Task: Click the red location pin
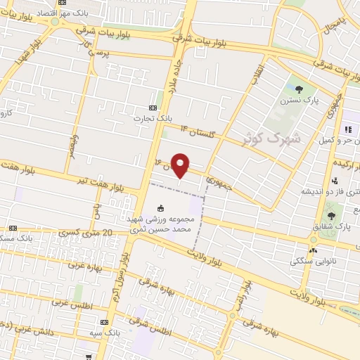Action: click(x=181, y=165)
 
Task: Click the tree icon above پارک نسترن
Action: click(x=300, y=89)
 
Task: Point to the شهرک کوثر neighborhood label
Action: click(x=271, y=137)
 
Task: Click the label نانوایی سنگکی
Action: click(x=310, y=260)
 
